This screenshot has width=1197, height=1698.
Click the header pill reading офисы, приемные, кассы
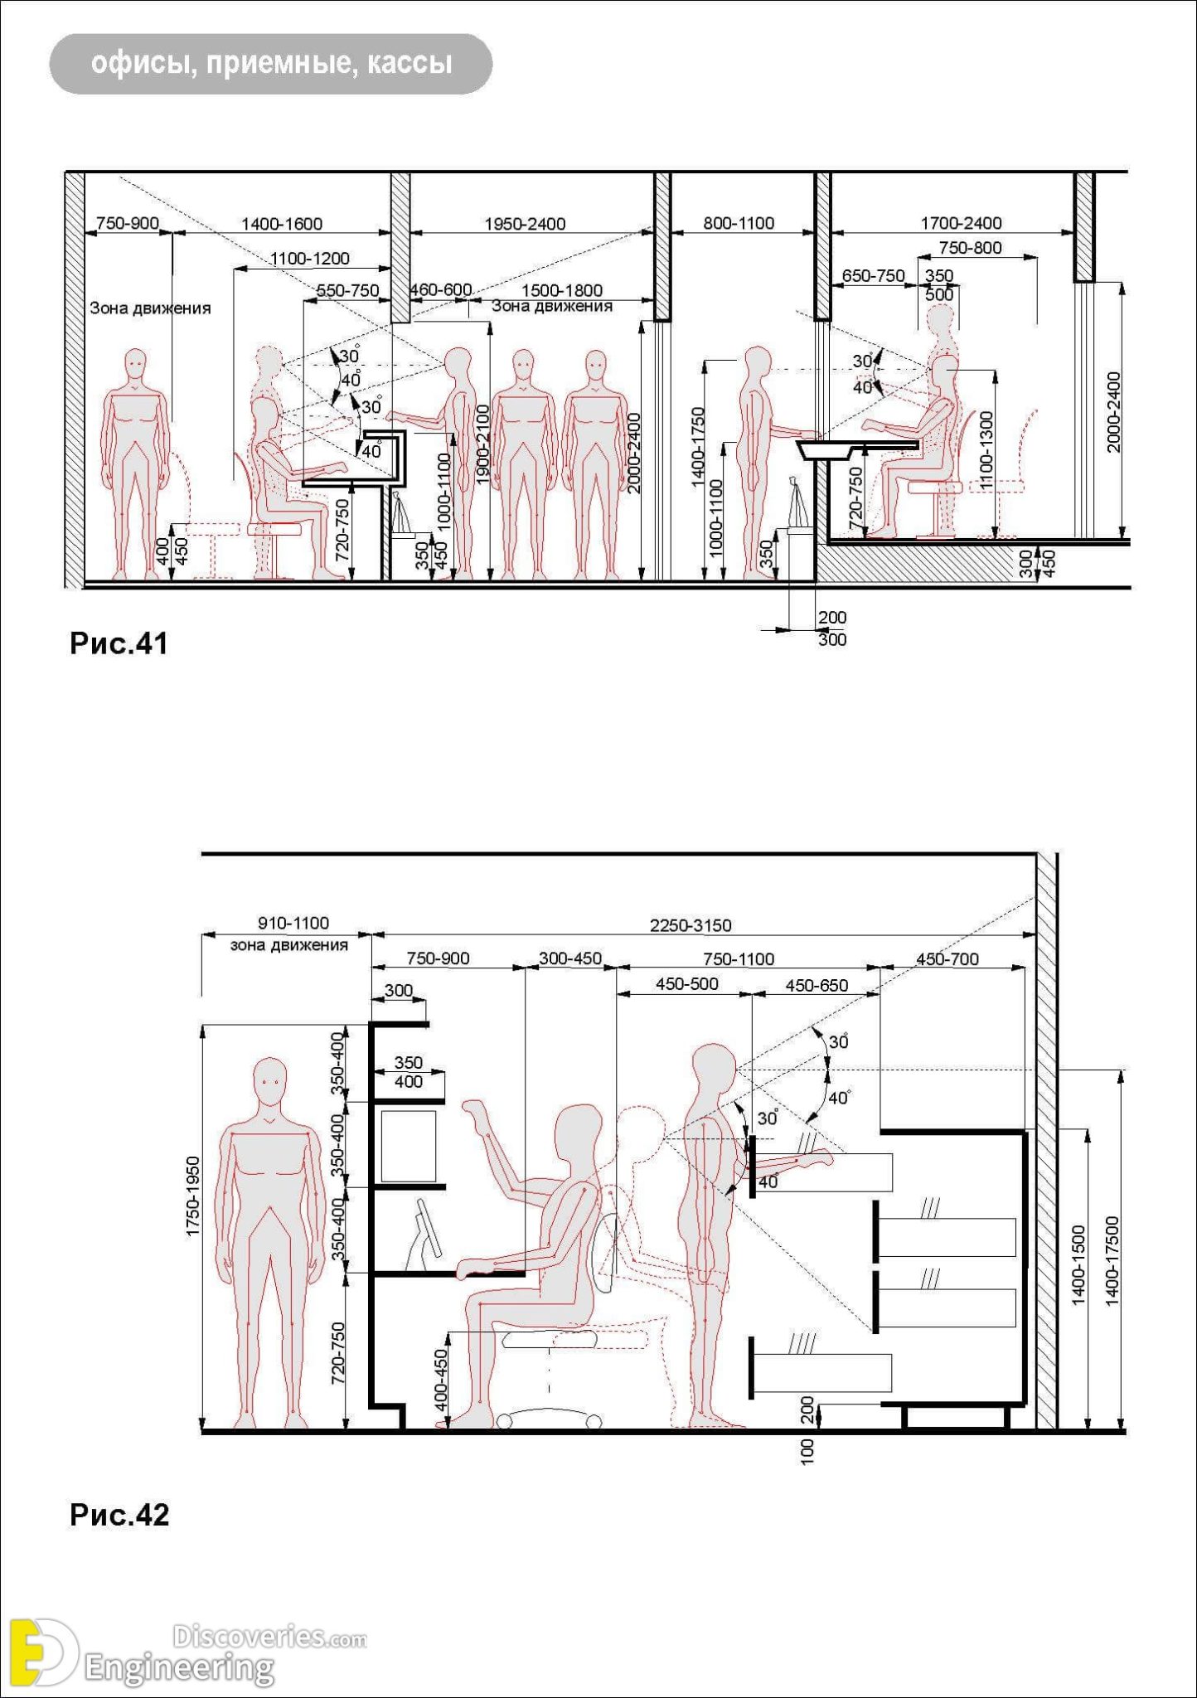pos(271,64)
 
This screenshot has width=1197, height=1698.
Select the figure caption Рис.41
pos(119,643)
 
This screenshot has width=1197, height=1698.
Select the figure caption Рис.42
pos(119,1515)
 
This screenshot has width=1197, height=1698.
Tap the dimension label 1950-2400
pos(525,224)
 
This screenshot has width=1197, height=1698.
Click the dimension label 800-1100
pos(739,223)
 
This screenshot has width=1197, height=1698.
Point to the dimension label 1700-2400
pos(961,223)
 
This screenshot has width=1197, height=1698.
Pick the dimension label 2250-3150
pos(691,925)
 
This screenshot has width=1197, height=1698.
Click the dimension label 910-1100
pos(293,923)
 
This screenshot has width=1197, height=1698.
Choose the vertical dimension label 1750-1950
pos(193,1196)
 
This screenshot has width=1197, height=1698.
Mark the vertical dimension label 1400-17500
pos(1112,1260)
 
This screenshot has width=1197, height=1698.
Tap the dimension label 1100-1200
pos(310,259)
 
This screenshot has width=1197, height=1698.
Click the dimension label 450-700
pos(947,959)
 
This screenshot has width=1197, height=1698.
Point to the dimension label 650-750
pos(873,276)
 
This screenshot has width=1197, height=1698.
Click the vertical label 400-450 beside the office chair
pos(441,1380)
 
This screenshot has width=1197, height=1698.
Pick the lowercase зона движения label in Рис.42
pos(288,944)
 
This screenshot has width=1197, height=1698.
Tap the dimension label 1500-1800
pos(561,291)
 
